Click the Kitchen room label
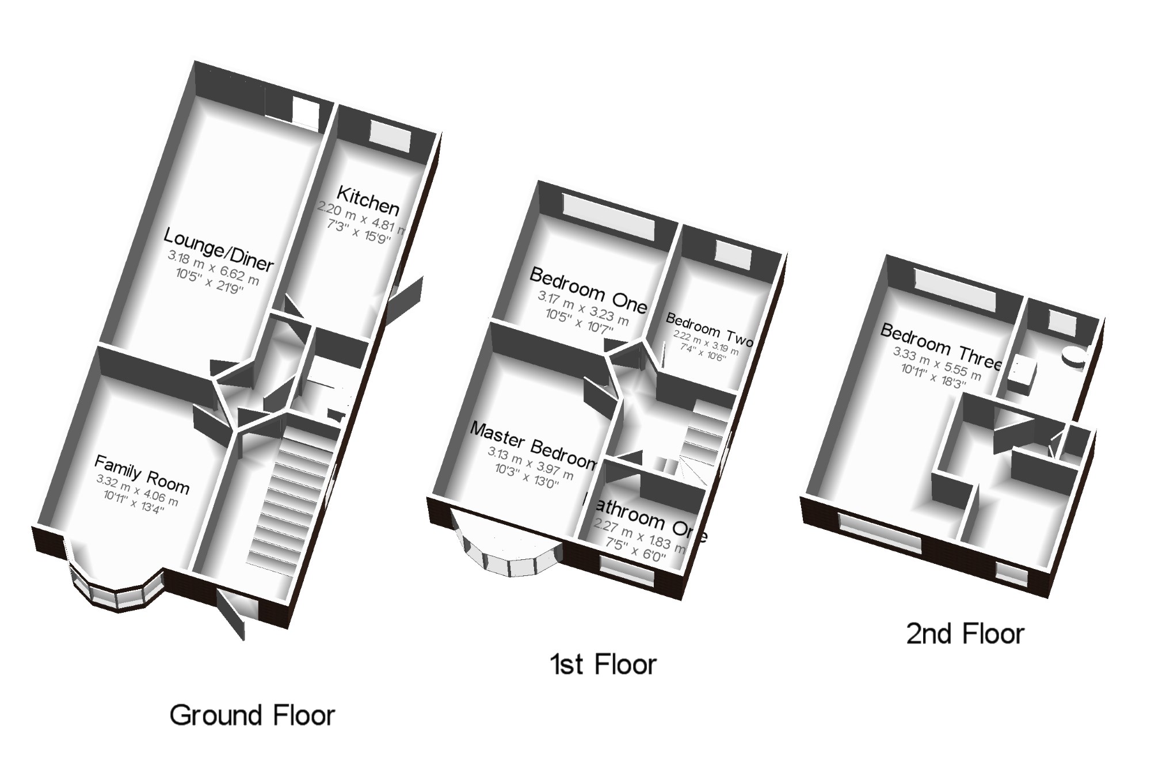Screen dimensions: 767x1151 pyautogui.click(x=368, y=199)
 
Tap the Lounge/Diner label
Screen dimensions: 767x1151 pyautogui.click(x=219, y=249)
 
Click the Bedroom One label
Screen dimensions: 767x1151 pyautogui.click(x=588, y=290)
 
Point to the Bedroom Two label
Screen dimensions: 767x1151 pyautogui.click(x=709, y=330)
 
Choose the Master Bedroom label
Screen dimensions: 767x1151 pyautogui.click(x=533, y=444)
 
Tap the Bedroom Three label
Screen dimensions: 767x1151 pyautogui.click(x=942, y=345)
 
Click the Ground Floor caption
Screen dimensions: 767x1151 pyautogui.click(x=252, y=716)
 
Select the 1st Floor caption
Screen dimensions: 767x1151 pyautogui.click(x=603, y=665)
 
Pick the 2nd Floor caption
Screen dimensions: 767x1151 pyautogui.click(x=965, y=634)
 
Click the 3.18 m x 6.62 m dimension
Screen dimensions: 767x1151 pyautogui.click(x=214, y=268)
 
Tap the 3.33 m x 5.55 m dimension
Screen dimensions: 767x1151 pyautogui.click(x=937, y=364)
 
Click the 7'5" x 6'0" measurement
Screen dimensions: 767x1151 pyautogui.click(x=635, y=550)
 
